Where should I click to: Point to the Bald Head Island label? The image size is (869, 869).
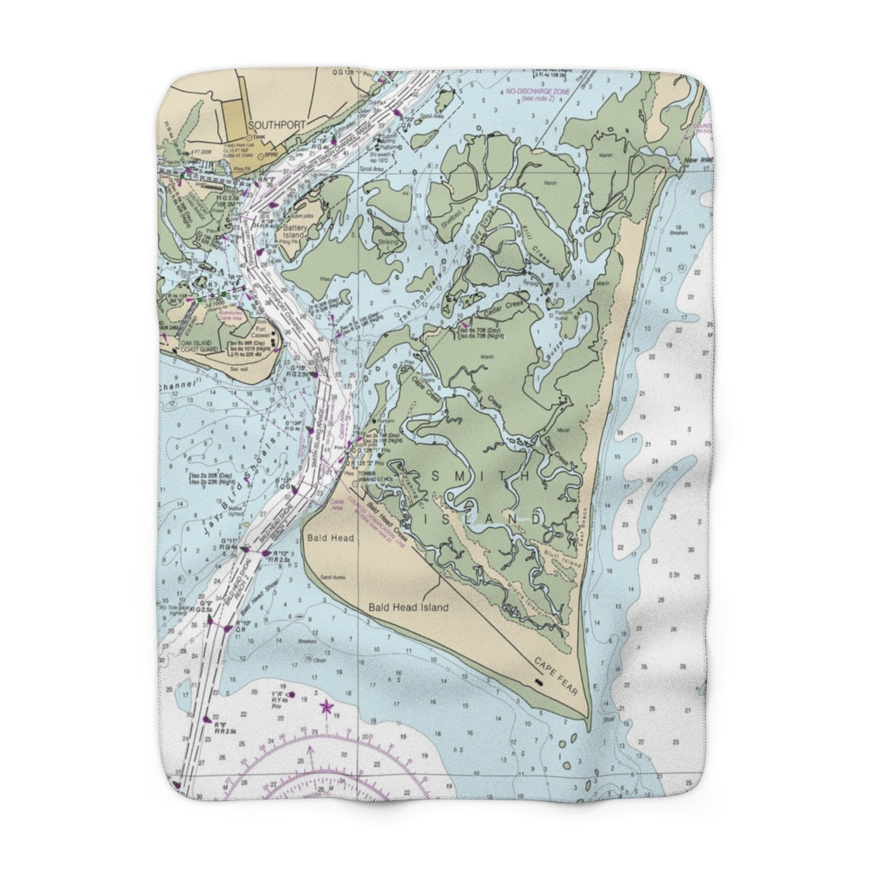pyautogui.click(x=408, y=608)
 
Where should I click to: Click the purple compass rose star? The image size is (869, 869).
pyautogui.click(x=325, y=705)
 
